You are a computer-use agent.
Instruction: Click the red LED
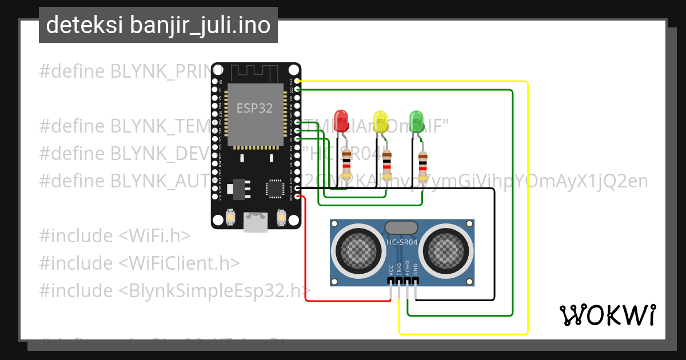(x=342, y=119)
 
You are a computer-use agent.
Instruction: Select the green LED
(x=417, y=119)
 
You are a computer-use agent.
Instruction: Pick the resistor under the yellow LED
(x=387, y=165)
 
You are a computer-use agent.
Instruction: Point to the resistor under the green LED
(x=422, y=164)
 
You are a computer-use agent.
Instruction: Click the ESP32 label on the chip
(x=254, y=107)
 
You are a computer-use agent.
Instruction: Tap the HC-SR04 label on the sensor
(x=402, y=242)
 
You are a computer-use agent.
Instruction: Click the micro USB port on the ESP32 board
(x=256, y=222)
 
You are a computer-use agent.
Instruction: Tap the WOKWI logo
(x=607, y=315)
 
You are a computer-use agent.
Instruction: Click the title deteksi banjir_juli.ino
(x=158, y=25)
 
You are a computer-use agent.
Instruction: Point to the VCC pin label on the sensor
(x=391, y=269)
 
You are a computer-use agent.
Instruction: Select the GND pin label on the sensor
(x=416, y=269)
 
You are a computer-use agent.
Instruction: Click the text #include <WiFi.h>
(x=115, y=235)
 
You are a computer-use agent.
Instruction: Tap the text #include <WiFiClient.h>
(x=139, y=263)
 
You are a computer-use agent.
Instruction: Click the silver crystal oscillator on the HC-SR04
(x=402, y=227)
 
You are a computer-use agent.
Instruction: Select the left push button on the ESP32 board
(x=229, y=217)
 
